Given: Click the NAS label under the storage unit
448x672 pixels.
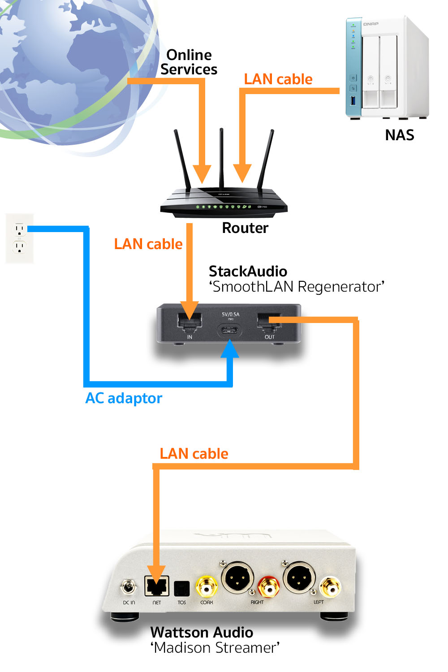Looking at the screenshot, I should (x=399, y=135).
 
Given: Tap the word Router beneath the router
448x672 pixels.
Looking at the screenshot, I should (x=245, y=228).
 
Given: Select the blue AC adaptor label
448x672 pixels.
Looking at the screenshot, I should (x=124, y=398).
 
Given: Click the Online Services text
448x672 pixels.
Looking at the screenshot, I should (x=189, y=62).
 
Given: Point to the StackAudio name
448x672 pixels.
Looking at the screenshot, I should (x=248, y=271).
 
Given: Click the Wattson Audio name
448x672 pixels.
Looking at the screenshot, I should (x=202, y=633).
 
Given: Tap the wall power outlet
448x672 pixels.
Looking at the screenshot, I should (x=19, y=238).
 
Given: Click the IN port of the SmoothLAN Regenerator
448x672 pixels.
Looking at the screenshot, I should (x=190, y=322).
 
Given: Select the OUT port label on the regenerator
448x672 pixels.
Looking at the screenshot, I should (x=269, y=337).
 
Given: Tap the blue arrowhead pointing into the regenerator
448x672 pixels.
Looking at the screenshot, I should (x=230, y=349).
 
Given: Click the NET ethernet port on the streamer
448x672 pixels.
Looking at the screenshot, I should (x=157, y=586).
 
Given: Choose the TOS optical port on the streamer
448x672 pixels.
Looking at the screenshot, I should (x=182, y=588).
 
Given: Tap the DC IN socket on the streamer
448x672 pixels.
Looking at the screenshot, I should (x=129, y=586).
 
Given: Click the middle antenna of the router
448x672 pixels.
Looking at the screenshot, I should (x=221, y=157).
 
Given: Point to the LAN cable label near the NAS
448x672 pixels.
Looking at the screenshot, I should (x=278, y=79).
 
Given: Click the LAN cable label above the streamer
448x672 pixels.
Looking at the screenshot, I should (x=194, y=454).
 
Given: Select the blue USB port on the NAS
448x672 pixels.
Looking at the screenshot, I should (x=353, y=100).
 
